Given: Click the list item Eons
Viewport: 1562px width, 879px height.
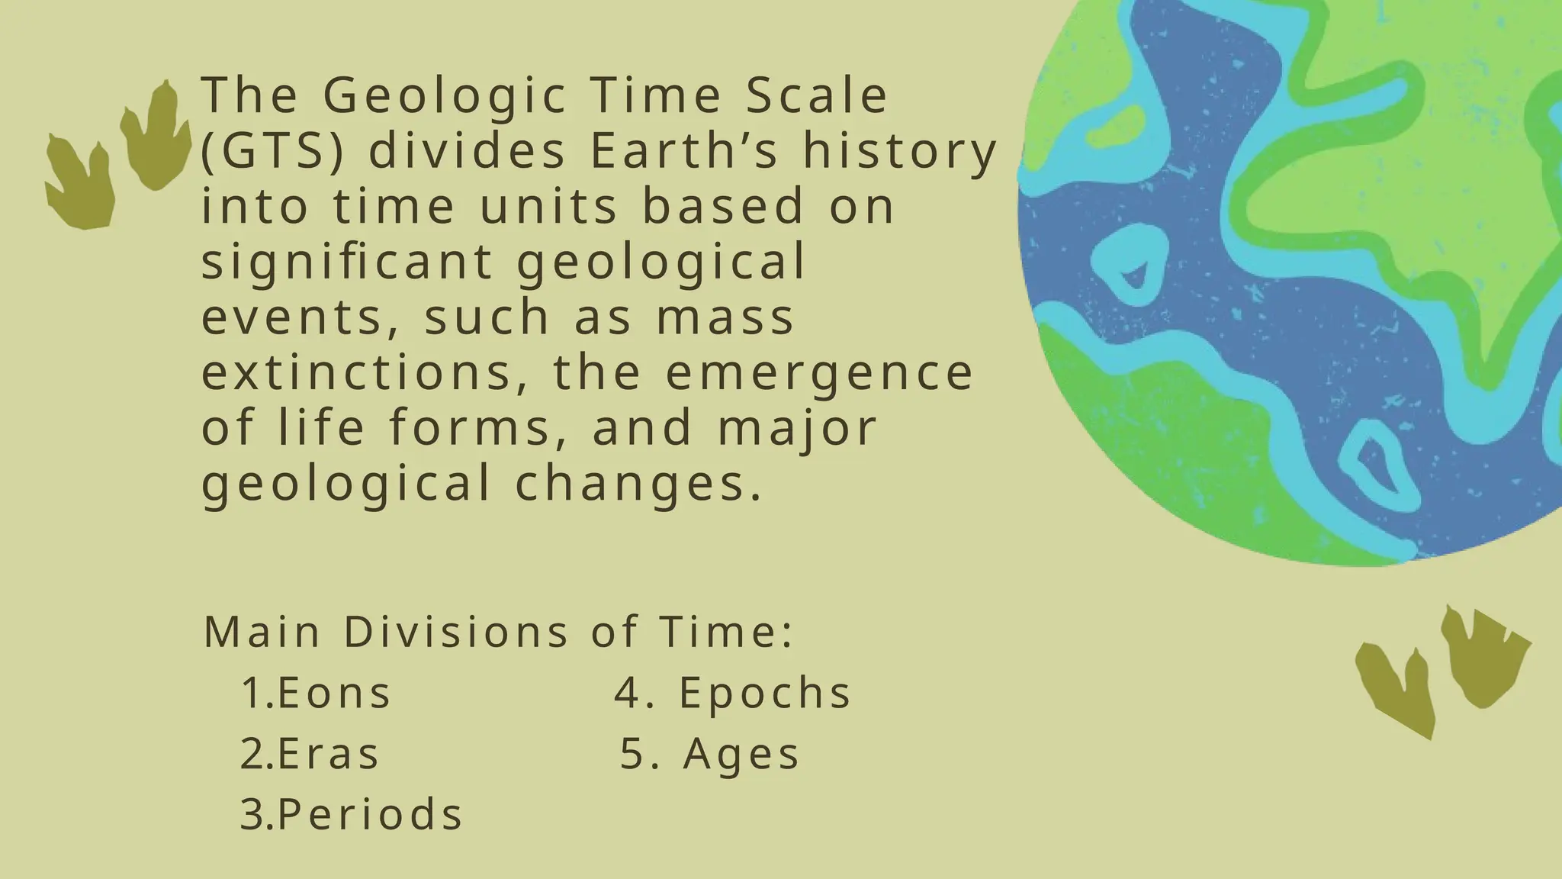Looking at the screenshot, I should click(x=334, y=693).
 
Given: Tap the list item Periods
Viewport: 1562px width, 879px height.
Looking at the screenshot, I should click(x=370, y=813).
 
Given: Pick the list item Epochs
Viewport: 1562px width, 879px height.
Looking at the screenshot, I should click(x=765, y=693).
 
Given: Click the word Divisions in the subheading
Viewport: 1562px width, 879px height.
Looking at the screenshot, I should click(x=456, y=632).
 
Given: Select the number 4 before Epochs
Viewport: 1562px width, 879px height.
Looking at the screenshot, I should click(x=627, y=693).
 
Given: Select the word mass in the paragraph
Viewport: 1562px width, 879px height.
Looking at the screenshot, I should click(x=725, y=317).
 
